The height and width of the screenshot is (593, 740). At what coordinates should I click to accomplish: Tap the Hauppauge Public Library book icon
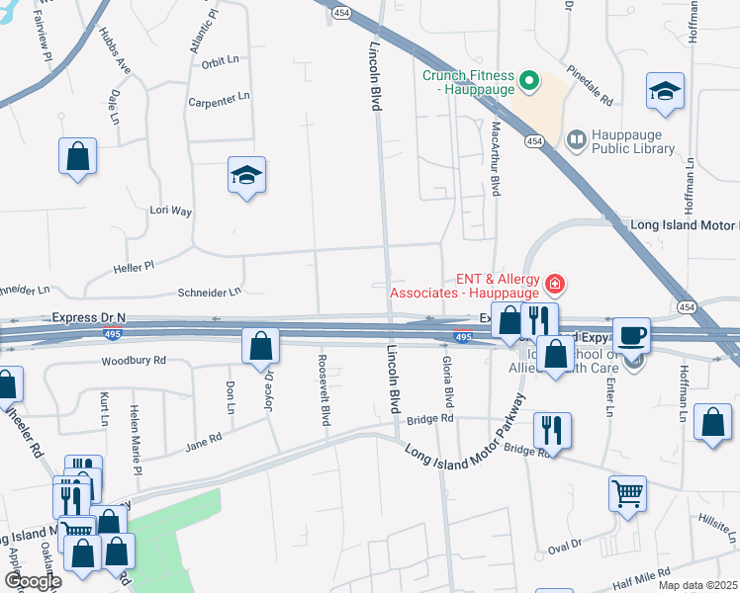coord(576,140)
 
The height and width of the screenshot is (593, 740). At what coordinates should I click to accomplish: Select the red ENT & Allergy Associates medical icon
coord(555,286)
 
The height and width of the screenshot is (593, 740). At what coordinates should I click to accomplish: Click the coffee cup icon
coord(631,335)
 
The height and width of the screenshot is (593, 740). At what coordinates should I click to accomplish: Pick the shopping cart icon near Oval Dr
coord(628,492)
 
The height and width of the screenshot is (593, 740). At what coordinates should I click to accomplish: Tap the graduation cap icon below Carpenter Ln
coord(246,175)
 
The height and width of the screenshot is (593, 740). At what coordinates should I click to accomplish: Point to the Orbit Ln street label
coord(220,59)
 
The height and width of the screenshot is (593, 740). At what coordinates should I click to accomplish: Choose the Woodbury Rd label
coord(134,361)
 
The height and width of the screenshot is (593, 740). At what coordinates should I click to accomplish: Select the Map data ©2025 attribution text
coord(697,585)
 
